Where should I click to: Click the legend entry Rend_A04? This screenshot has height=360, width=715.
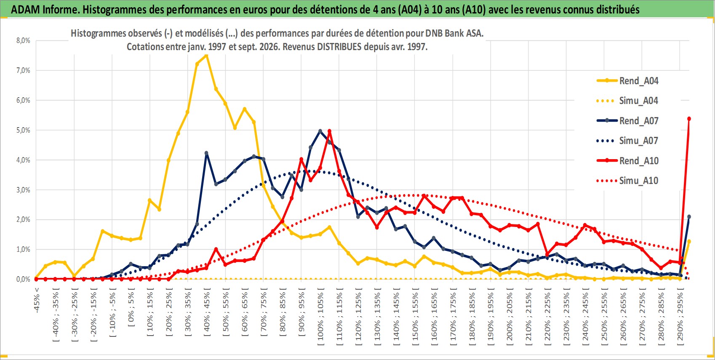pos(627,81)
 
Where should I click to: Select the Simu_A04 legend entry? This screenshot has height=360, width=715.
pos(627,101)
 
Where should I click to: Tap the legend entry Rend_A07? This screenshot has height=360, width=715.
pos(627,121)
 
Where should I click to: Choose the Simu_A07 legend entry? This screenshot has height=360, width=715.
pos(627,141)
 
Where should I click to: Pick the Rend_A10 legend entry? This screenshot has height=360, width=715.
pos(627,160)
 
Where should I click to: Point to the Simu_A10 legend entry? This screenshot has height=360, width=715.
pos(627,181)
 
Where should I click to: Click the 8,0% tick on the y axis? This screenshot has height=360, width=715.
pos(23,40)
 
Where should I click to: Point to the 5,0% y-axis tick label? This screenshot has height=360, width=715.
pos(23,130)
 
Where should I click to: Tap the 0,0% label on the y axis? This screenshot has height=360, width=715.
pos(23,279)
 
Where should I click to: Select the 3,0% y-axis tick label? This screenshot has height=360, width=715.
pos(23,190)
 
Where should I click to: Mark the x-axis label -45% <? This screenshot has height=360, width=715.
pos(37,300)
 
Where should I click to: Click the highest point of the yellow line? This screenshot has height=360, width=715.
pos(206,56)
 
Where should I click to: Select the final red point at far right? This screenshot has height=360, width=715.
pos(689,119)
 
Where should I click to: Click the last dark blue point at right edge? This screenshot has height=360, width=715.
pos(689,217)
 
